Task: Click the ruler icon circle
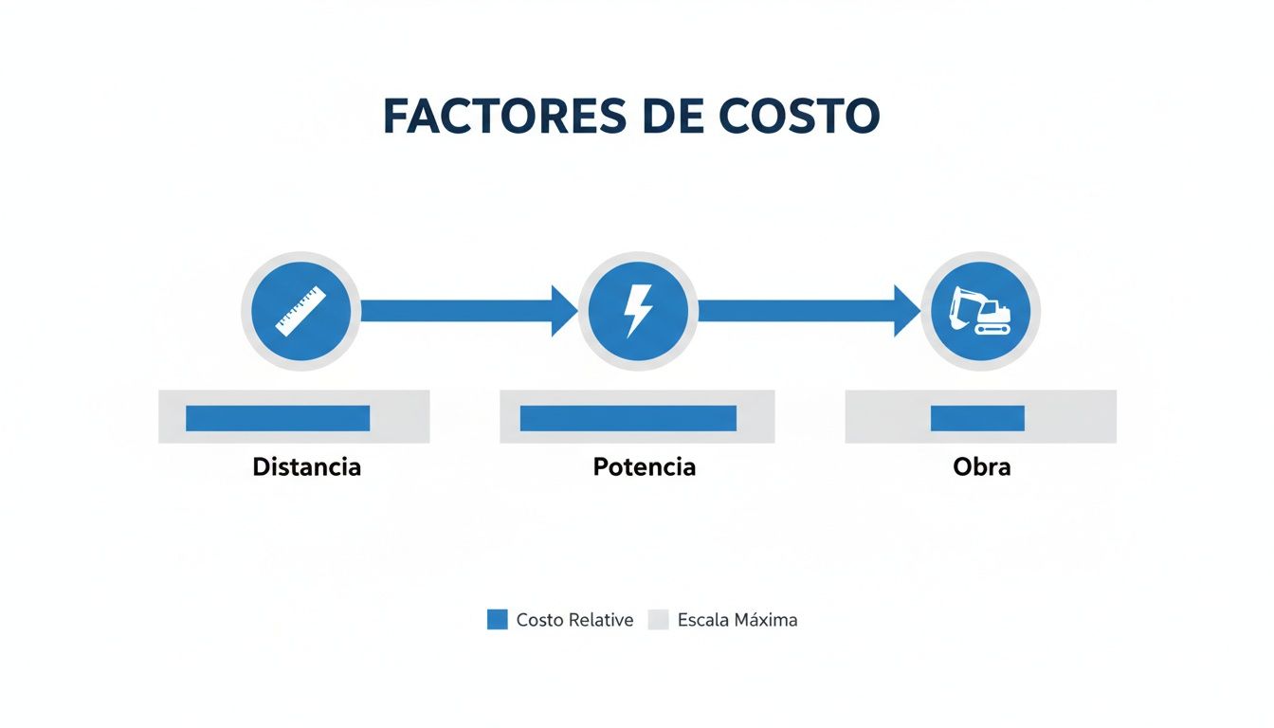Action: (300, 311)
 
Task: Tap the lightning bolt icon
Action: (638, 311)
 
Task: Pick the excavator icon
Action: (980, 311)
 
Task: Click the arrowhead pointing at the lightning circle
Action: (565, 311)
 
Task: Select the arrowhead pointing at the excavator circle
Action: (907, 311)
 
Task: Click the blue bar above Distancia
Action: (278, 418)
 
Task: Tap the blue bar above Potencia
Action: (628, 418)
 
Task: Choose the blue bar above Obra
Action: (977, 418)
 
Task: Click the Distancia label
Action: (306, 467)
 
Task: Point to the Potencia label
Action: (645, 467)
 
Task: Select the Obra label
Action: (981, 467)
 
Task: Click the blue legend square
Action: (498, 620)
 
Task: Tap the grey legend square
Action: (659, 620)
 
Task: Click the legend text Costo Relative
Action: (574, 621)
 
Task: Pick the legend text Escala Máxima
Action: (737, 621)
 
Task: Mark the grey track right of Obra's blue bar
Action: (1070, 418)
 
